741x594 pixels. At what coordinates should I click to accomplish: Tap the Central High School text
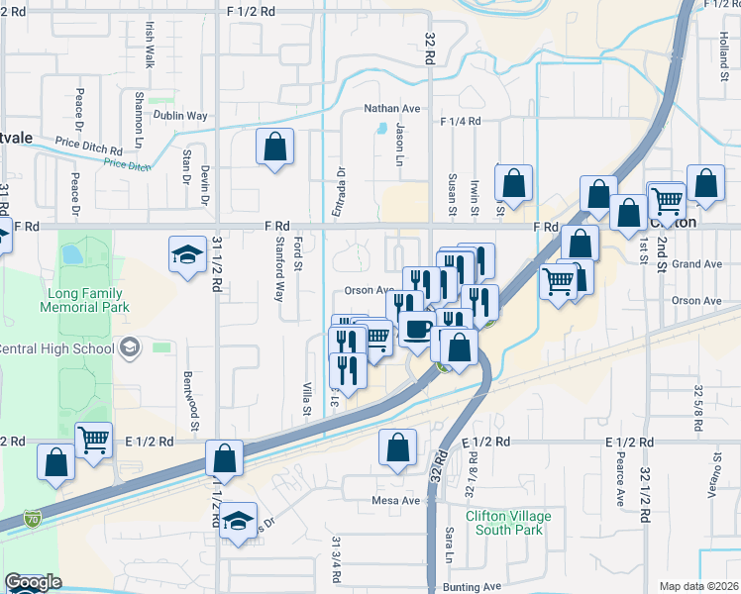(x=57, y=347)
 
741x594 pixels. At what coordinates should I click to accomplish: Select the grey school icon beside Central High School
(x=130, y=348)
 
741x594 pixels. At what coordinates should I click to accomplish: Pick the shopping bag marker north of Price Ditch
(x=275, y=148)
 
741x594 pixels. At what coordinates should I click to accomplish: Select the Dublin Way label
(x=180, y=116)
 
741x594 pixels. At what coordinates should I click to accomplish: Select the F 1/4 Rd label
(x=461, y=121)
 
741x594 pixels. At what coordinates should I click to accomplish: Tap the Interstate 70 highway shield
(x=33, y=518)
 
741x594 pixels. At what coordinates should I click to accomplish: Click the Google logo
(x=33, y=582)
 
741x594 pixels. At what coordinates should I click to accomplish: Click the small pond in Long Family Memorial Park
(x=71, y=254)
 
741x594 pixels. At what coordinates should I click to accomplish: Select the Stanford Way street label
(x=279, y=281)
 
